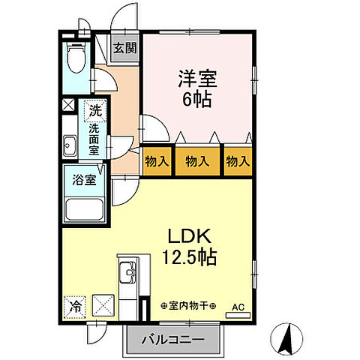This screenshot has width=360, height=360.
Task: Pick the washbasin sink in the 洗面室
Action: [72, 145]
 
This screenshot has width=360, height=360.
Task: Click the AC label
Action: [238, 307]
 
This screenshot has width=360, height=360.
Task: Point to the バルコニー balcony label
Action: [175, 340]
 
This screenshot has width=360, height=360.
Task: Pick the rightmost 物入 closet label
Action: [238, 160]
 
